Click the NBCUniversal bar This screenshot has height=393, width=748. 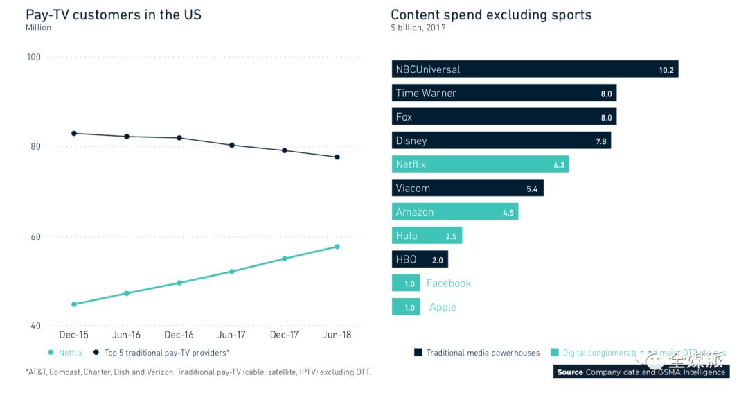(x=535, y=69)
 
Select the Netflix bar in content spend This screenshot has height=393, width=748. (x=480, y=165)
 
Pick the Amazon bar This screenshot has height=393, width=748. (x=455, y=212)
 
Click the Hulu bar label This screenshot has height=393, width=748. (x=407, y=236)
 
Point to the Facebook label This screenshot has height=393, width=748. (x=448, y=283)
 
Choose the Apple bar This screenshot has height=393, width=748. (x=406, y=307)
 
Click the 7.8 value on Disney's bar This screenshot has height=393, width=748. (x=601, y=141)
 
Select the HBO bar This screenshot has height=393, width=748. (x=420, y=260)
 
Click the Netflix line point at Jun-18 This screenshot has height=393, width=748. (x=337, y=247)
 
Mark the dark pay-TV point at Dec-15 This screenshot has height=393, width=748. (x=74, y=133)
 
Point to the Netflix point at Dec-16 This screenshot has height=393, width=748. (x=179, y=283)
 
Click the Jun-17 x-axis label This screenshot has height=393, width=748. (x=231, y=335)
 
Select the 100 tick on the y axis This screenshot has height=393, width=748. (x=34, y=57)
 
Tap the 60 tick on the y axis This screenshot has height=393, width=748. (x=34, y=236)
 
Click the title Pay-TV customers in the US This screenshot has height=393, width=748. (x=114, y=15)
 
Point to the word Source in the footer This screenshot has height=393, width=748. (x=570, y=372)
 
